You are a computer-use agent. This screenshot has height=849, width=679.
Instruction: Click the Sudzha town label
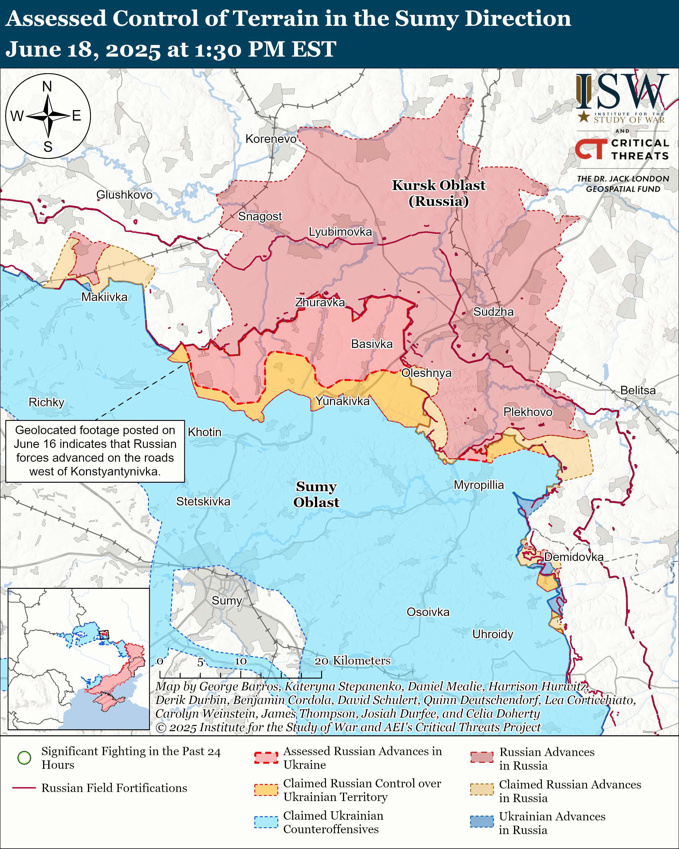point(493,312)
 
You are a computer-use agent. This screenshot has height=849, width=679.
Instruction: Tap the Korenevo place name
point(271,139)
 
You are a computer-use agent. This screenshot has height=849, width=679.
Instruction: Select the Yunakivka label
point(342,401)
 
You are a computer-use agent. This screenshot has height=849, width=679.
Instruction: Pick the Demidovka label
point(573,557)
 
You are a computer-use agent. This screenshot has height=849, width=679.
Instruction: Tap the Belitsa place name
point(638,390)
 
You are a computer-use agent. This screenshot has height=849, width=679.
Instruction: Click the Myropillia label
point(479,485)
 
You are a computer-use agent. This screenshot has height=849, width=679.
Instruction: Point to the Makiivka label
point(104,297)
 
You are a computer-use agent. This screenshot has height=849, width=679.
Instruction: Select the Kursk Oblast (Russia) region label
point(438,193)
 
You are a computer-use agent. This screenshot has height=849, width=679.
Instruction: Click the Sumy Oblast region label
point(316,494)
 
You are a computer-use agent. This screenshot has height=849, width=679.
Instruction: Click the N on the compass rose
point(47,86)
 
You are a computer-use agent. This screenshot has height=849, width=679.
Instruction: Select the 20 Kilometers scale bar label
point(352,661)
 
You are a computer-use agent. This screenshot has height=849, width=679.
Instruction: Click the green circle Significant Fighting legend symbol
point(24,758)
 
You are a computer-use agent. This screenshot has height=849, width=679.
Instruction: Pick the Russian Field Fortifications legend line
point(24,788)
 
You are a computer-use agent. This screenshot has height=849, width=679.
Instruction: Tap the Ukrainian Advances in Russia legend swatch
point(482,822)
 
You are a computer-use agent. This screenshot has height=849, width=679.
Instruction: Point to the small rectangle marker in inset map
point(103,635)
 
